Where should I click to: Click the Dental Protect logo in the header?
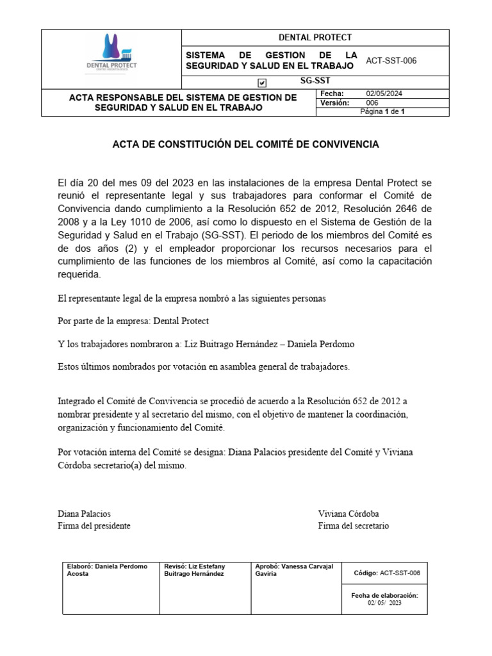111,54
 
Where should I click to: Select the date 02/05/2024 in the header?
384,94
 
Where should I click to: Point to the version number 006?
372,102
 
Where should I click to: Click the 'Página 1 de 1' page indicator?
382,111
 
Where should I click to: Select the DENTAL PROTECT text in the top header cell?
315,37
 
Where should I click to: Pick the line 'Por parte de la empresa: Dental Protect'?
133,321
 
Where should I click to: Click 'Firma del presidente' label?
94,526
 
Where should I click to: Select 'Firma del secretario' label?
353,526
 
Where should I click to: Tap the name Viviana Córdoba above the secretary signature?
348,514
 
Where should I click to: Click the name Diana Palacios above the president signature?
84,514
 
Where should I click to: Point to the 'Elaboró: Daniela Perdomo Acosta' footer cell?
107,570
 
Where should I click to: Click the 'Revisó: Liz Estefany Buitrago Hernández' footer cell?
195,570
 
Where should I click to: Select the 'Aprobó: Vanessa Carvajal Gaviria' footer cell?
294,570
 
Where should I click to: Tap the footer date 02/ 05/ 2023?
384,603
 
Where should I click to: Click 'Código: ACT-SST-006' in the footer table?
387,573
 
